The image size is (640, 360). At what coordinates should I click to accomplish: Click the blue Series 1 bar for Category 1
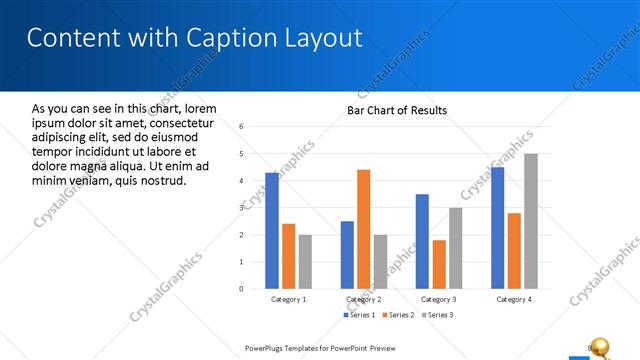click(272, 231)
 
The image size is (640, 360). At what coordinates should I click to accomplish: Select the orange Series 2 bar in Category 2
click(363, 229)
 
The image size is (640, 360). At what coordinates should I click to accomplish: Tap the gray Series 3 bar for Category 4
click(530, 221)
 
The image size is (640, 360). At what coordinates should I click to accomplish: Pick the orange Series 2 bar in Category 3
click(439, 264)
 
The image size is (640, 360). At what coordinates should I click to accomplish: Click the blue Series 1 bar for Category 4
click(497, 228)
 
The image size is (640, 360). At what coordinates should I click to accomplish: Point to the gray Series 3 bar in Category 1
click(305, 262)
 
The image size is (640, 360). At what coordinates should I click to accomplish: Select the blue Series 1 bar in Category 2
click(347, 255)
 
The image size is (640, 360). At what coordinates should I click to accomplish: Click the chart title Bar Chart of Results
click(396, 110)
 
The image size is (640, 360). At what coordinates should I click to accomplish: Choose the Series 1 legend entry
click(360, 315)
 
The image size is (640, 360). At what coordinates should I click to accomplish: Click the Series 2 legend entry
click(397, 315)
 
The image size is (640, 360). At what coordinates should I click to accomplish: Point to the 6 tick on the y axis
click(241, 127)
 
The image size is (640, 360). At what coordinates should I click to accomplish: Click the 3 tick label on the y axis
click(241, 208)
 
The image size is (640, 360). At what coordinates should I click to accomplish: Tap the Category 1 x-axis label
click(289, 299)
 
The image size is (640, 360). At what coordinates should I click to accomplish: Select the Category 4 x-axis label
click(514, 299)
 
